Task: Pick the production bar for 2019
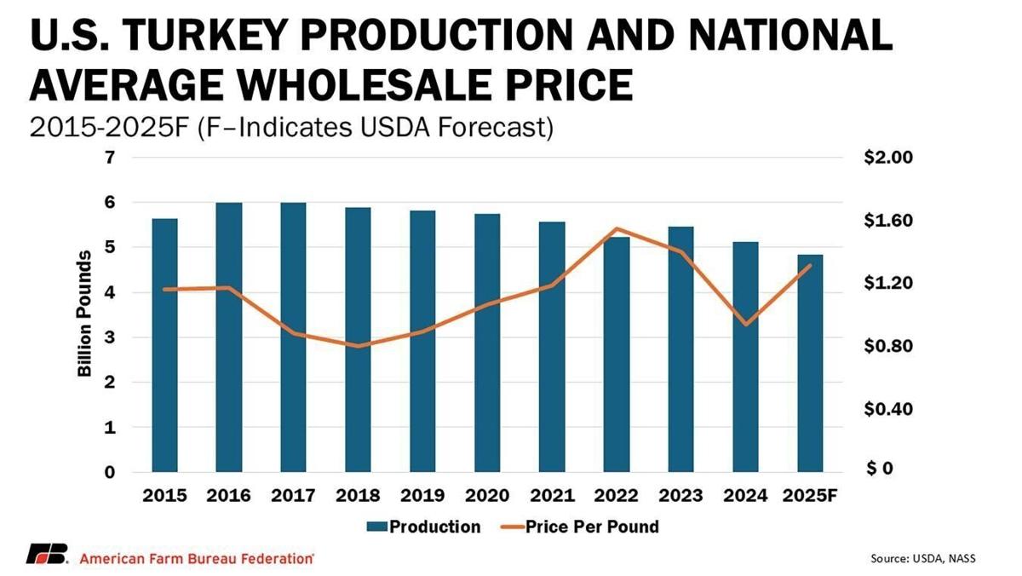pyautogui.click(x=422, y=341)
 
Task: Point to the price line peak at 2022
pyautogui.click(x=616, y=228)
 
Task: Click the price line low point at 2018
pyautogui.click(x=359, y=346)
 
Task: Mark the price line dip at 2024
pyautogui.click(x=746, y=325)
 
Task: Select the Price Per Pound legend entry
pyautogui.click(x=579, y=527)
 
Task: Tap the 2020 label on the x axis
pyautogui.click(x=487, y=496)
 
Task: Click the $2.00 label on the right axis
pyautogui.click(x=887, y=158)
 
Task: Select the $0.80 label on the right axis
pyautogui.click(x=887, y=347)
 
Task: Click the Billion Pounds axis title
pyautogui.click(x=85, y=315)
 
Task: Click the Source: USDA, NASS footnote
pyautogui.click(x=922, y=558)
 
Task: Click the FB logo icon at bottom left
pyautogui.click(x=48, y=555)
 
